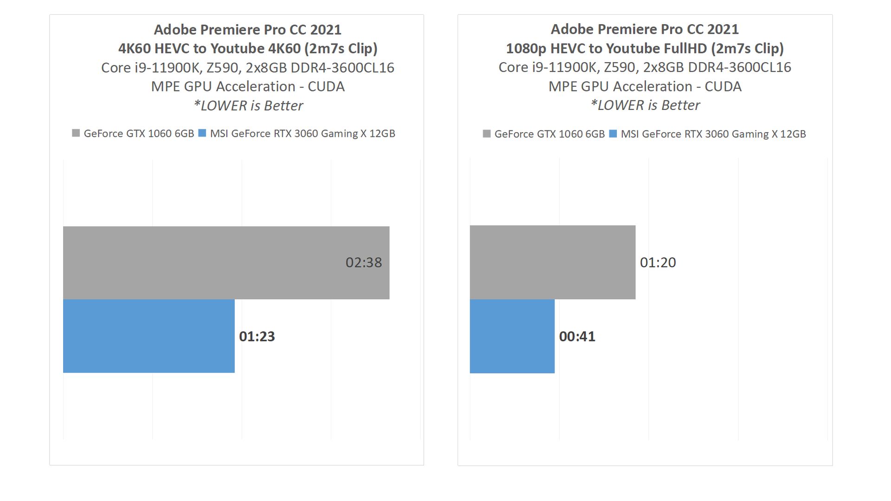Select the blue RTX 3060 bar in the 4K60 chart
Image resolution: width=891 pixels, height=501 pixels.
pyautogui.click(x=148, y=336)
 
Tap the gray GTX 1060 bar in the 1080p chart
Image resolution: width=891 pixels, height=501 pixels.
pyautogui.click(x=552, y=262)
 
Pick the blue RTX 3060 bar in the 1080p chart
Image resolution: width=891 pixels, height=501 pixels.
pyautogui.click(x=512, y=336)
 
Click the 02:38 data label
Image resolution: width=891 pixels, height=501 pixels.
pyautogui.click(x=363, y=263)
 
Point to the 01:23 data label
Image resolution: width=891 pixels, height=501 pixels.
pyautogui.click(x=257, y=336)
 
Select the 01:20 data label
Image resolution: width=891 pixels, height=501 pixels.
pyautogui.click(x=658, y=263)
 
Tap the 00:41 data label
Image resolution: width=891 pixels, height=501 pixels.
pyautogui.click(x=577, y=336)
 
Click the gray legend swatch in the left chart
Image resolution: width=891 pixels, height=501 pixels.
pyautogui.click(x=76, y=133)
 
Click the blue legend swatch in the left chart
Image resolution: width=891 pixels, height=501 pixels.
pyautogui.click(x=202, y=133)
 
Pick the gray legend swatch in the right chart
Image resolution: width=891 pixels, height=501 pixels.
pyautogui.click(x=486, y=134)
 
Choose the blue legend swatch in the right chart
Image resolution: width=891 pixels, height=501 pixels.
pyautogui.click(x=613, y=134)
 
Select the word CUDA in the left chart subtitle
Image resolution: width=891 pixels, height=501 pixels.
pyautogui.click(x=326, y=86)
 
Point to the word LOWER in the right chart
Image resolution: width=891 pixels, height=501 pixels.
pyautogui.click(x=621, y=105)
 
